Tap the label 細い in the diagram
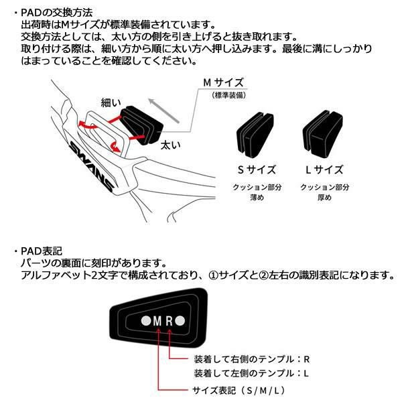[x=111, y=103]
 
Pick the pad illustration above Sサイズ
[x=255, y=133]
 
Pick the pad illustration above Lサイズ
[x=324, y=133]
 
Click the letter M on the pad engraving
[x=158, y=321]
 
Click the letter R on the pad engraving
[x=170, y=321]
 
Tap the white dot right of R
[x=184, y=321]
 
